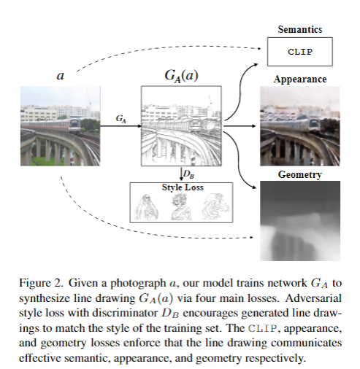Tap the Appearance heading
(300, 79)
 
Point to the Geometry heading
(300, 174)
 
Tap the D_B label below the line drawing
(188, 174)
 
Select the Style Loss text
(183, 187)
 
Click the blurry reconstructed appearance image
(300, 128)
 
